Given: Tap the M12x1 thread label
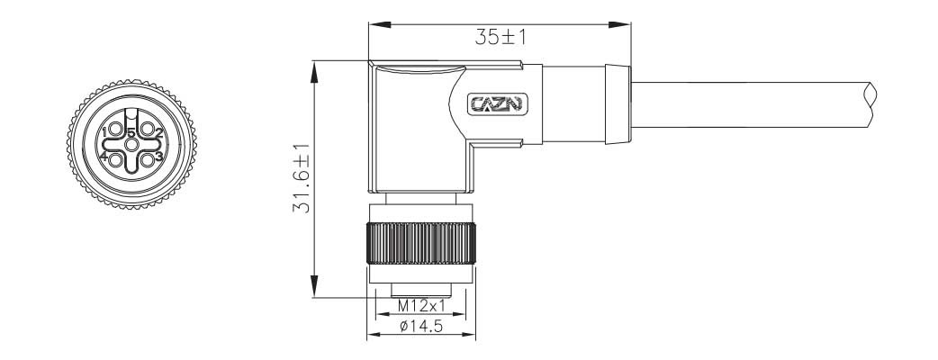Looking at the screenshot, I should [x=420, y=307].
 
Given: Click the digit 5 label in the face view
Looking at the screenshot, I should [x=131, y=133].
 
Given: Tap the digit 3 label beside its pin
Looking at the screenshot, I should [x=158, y=157].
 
